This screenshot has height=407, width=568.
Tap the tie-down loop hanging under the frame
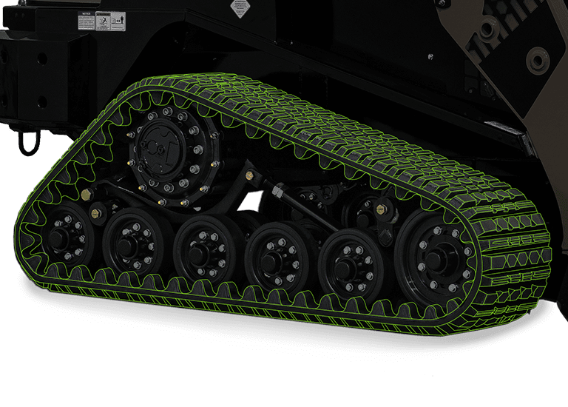coord(29,141)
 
